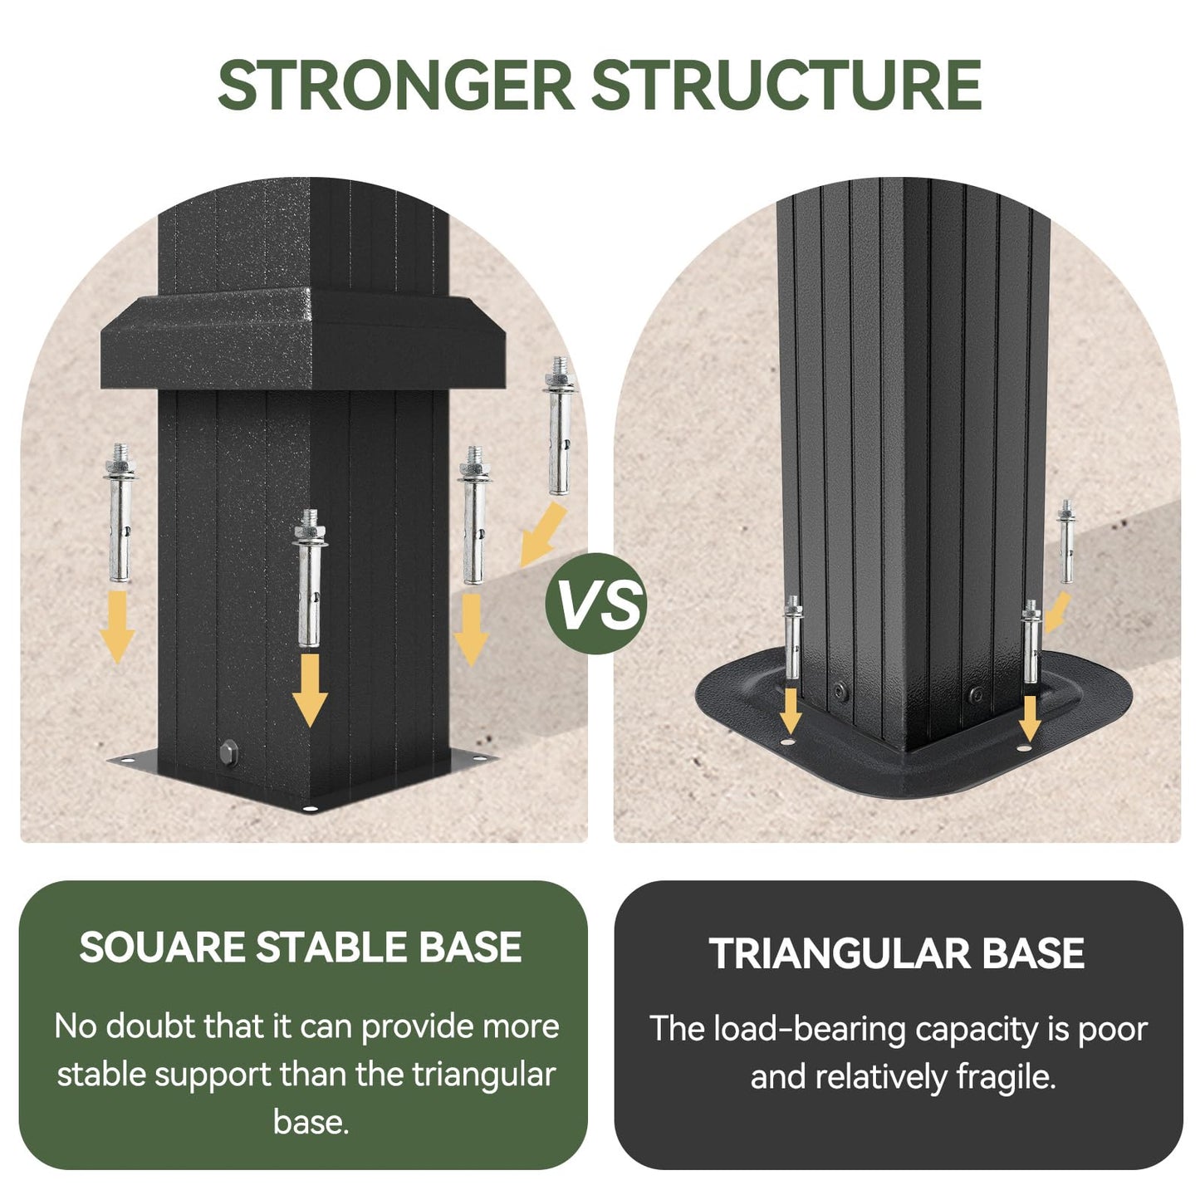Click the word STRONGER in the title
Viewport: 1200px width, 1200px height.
(x=395, y=86)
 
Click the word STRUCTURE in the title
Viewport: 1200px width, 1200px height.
(x=786, y=86)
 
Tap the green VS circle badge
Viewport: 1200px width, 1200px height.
(x=596, y=603)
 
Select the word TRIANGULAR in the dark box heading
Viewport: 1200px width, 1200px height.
(x=838, y=953)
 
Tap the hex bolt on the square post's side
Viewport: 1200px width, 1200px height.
(x=228, y=754)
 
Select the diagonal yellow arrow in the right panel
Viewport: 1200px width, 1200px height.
(x=1057, y=612)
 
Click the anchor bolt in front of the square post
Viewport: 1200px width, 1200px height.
(x=310, y=577)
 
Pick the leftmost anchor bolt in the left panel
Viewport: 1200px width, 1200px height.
(x=120, y=512)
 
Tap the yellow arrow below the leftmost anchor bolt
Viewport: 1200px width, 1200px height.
(x=117, y=626)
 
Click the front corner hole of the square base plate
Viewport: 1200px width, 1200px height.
(x=310, y=809)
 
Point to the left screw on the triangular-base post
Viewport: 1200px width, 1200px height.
(x=840, y=691)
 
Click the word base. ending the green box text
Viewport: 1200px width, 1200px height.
(x=311, y=1122)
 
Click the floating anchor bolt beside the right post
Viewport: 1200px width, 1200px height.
(x=1066, y=541)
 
